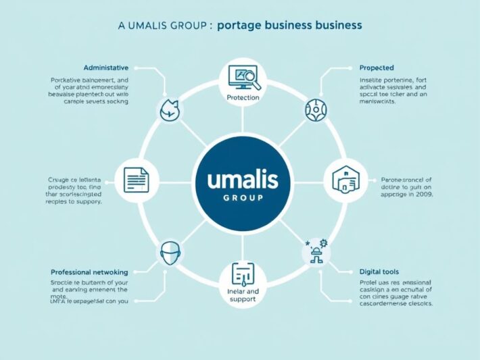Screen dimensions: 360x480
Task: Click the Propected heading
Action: pos(377,68)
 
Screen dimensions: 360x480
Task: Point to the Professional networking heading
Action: pos(90,272)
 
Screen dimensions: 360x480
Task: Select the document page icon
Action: pos(136,180)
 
